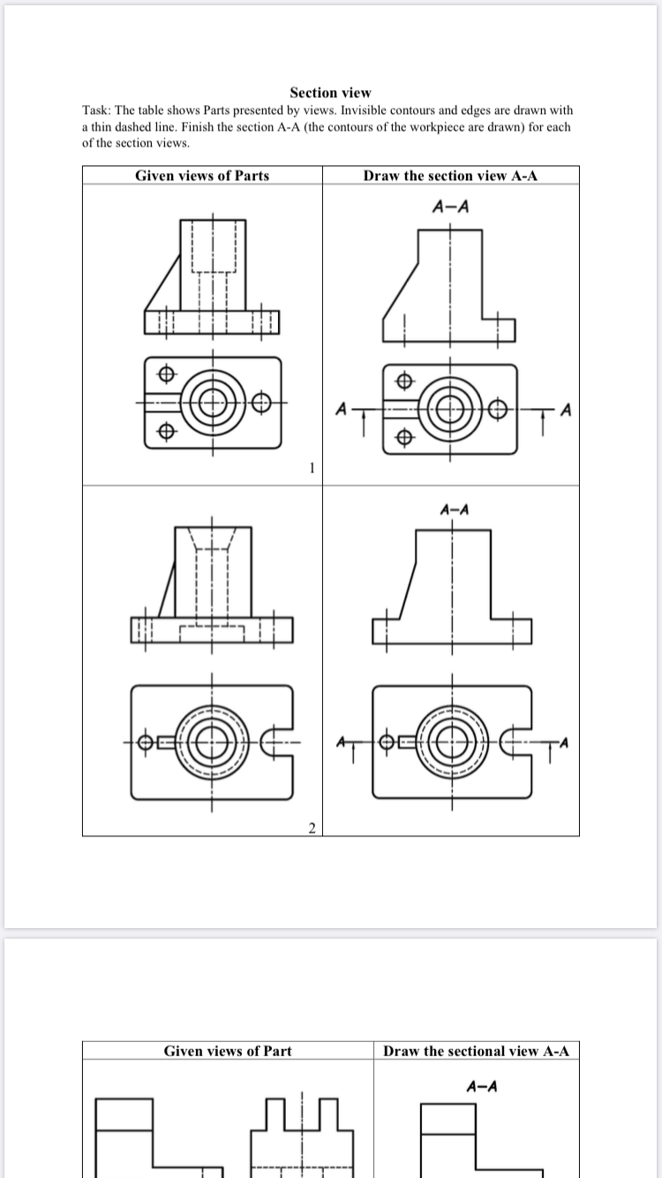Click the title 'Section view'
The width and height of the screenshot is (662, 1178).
pyautogui.click(x=330, y=93)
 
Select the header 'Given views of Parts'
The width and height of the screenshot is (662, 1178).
pyautogui.click(x=201, y=176)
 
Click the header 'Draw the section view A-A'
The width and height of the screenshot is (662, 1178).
pyautogui.click(x=450, y=176)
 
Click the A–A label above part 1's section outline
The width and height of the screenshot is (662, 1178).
pyautogui.click(x=451, y=208)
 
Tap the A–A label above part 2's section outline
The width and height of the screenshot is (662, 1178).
pyautogui.click(x=454, y=510)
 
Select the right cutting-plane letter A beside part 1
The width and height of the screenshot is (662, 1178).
pyautogui.click(x=566, y=408)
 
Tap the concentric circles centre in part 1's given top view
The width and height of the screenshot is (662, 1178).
pyautogui.click(x=212, y=402)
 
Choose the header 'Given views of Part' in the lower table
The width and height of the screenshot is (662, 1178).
pyautogui.click(x=228, y=1051)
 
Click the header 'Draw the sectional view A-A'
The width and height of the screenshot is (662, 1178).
pyautogui.click(x=476, y=1051)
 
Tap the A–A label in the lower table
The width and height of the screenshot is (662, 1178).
pyautogui.click(x=480, y=1085)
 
